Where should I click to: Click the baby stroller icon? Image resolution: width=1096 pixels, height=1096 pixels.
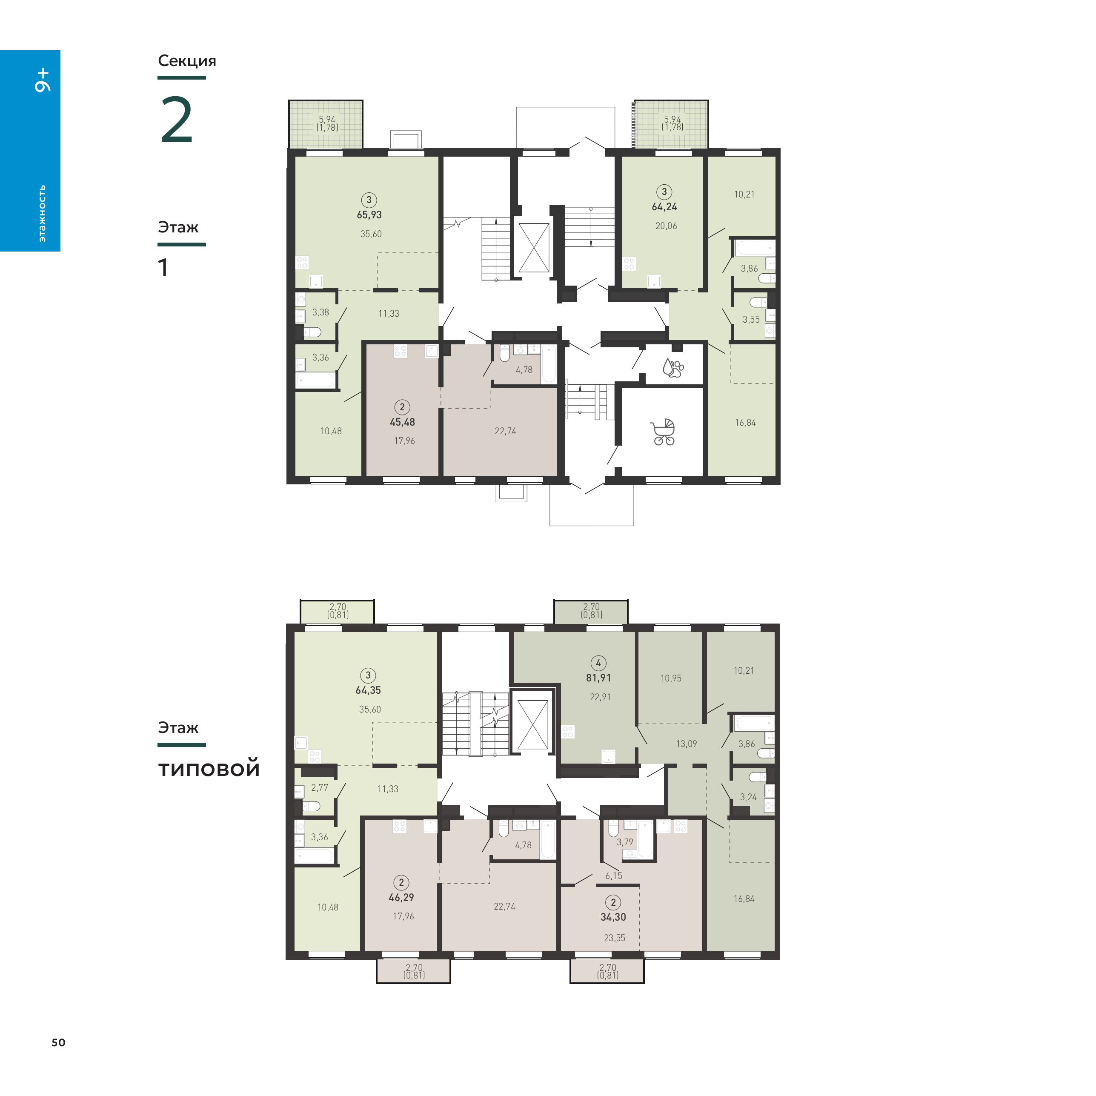tap(664, 432)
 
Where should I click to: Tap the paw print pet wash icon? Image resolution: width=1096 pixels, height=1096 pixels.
tap(673, 368)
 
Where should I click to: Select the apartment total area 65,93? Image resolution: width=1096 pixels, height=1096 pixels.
tap(369, 215)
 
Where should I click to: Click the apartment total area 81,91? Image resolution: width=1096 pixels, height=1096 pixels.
tap(598, 678)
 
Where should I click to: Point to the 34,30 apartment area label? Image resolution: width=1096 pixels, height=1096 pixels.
tap(613, 917)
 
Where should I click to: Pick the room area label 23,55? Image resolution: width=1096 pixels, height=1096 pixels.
tap(614, 938)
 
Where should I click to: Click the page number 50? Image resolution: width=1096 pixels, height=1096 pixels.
tap(58, 1043)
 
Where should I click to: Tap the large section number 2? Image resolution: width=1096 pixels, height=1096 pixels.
tap(177, 120)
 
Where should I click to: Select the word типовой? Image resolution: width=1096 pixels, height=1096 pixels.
tap(209, 769)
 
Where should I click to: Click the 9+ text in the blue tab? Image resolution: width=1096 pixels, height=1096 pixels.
tap(43, 80)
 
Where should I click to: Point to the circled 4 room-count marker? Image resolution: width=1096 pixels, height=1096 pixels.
tap(598, 663)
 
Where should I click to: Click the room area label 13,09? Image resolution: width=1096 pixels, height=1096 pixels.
tap(687, 744)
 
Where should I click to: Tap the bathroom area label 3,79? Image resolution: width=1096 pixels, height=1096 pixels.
tap(624, 842)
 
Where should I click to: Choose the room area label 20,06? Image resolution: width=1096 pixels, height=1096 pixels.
tap(666, 226)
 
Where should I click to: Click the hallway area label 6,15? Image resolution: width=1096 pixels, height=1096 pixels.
tap(614, 876)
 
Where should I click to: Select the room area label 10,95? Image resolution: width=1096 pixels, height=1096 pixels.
tap(670, 678)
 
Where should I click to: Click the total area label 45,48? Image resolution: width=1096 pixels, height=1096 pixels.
tap(402, 422)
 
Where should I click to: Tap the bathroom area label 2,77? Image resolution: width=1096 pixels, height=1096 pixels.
tap(319, 788)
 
